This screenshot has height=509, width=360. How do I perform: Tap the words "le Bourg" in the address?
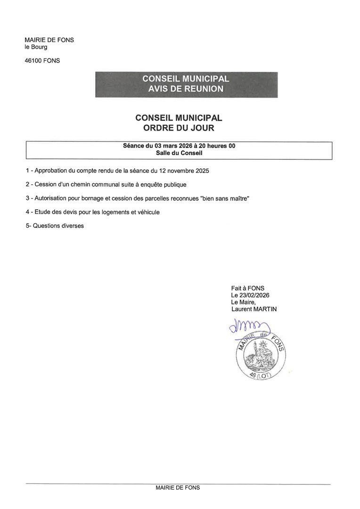pyautogui.click(x=36, y=47)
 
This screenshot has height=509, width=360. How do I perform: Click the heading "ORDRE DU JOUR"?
pyautogui.click(x=179, y=127)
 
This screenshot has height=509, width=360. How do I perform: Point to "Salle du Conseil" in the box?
pyautogui.click(x=179, y=153)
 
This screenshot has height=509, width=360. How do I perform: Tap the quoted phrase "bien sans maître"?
pyautogui.click(x=224, y=198)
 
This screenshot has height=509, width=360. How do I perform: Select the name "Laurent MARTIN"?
pyautogui.click(x=254, y=309)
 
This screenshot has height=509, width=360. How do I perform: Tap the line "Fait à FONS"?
pyautogui.click(x=247, y=288)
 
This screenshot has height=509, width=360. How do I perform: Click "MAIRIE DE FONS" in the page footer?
pyautogui.click(x=178, y=488)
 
